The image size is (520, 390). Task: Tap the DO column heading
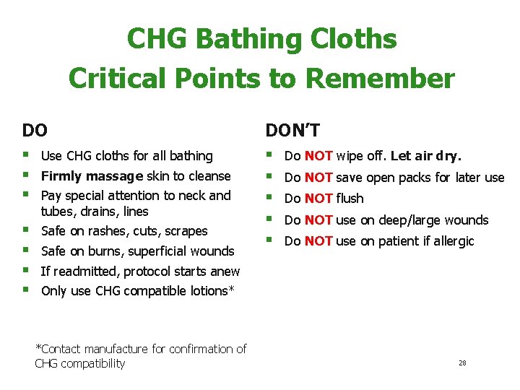coord(35,130)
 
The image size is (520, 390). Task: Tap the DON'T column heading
coord(292,130)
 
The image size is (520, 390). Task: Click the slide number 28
coord(462,363)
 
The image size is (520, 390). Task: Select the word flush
coord(350,199)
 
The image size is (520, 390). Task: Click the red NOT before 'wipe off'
coord(318,155)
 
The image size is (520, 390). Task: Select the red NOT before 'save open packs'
coord(318,177)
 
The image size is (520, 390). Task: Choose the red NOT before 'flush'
coord(318,199)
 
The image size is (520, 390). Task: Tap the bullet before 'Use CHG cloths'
coord(27,155)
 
